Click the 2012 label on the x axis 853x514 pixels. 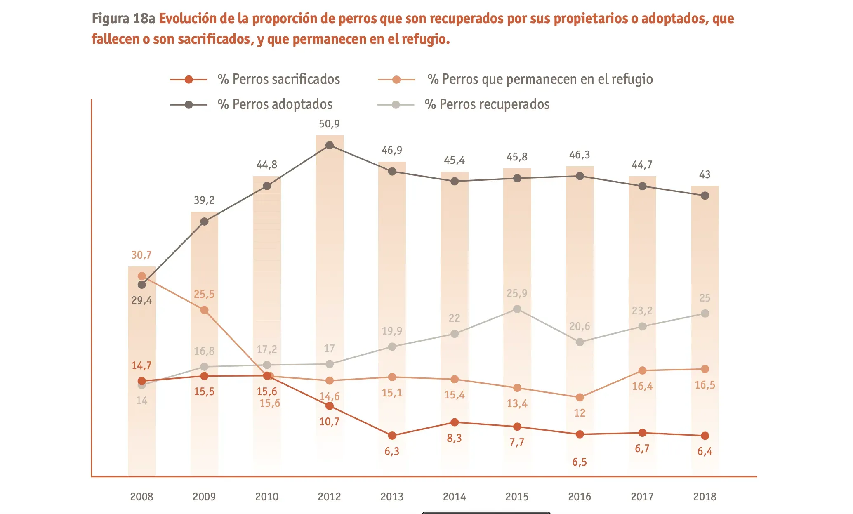click(x=329, y=496)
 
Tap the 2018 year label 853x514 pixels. click(x=705, y=496)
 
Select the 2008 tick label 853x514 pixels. click(x=141, y=496)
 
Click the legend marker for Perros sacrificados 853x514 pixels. click(x=189, y=80)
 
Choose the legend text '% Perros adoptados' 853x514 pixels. click(x=275, y=104)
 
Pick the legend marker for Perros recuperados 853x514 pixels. click(x=396, y=105)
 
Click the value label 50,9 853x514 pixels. click(x=329, y=124)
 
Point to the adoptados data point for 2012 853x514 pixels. click(x=330, y=145)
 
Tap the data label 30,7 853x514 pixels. click(x=141, y=255)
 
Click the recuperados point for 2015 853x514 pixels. click(x=517, y=309)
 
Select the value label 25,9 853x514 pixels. click(x=517, y=293)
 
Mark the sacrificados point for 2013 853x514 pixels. click(x=392, y=436)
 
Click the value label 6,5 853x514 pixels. click(x=580, y=462)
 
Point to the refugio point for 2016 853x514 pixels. click(x=580, y=397)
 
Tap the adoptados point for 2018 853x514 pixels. click(x=705, y=196)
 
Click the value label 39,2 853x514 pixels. click(x=204, y=200)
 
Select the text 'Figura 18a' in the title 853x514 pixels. click(x=123, y=19)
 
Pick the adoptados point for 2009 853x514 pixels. click(x=204, y=222)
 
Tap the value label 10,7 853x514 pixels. click(x=329, y=422)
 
